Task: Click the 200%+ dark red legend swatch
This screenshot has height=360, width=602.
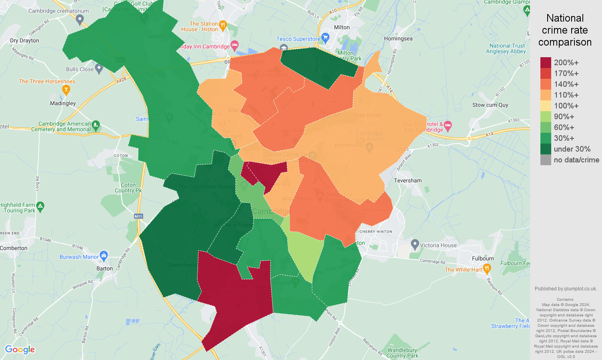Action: coord(546,62)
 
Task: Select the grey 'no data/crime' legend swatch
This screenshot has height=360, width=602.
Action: coord(546,160)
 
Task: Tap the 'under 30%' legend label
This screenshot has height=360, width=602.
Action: coord(572,149)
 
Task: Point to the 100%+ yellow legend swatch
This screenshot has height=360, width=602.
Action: coord(546,106)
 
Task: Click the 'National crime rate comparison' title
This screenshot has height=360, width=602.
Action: coord(565,30)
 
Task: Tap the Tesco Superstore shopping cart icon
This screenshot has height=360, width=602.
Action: coord(325,38)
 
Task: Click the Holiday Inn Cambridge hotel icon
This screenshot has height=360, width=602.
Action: coord(235,44)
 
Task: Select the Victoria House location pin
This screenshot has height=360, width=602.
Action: coord(415,244)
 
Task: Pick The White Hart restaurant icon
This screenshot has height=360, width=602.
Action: coord(487,269)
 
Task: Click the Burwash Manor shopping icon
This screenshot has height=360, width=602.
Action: coord(104,255)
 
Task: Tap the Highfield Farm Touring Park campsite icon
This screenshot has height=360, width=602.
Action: coord(40,206)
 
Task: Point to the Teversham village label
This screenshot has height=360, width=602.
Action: coord(408,181)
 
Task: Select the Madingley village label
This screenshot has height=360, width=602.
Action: coord(63,103)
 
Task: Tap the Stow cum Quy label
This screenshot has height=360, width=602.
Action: coord(490,105)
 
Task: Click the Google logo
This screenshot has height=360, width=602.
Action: coord(20,350)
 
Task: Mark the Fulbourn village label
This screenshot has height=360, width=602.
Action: coord(483,258)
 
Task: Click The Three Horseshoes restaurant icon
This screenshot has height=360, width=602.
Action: coord(66,90)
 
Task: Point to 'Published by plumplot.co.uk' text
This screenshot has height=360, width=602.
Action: coord(566,289)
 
